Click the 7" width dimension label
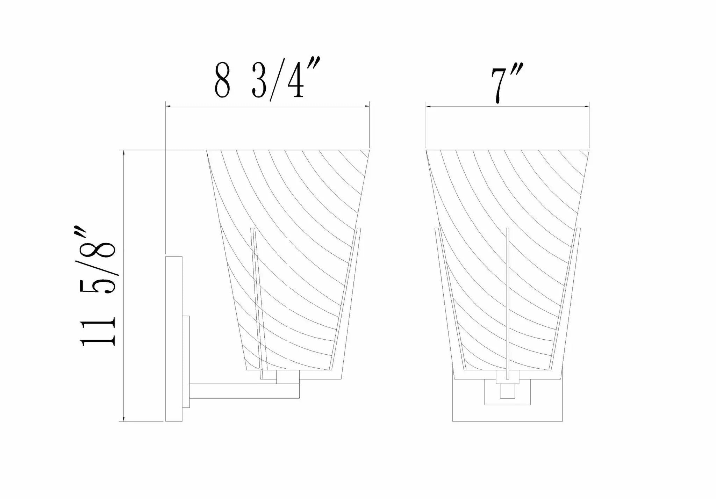pyautogui.click(x=507, y=84)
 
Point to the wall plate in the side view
pyautogui.click(x=174, y=339)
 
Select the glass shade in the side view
pyautogui.click(x=288, y=260)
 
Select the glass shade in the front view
pyautogui.click(x=507, y=260)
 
